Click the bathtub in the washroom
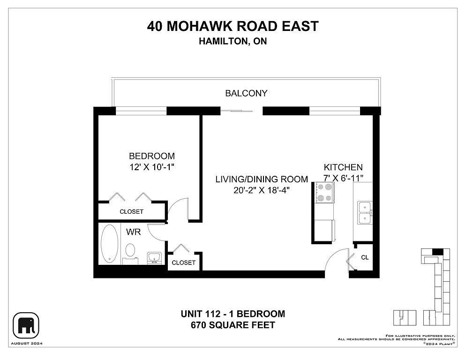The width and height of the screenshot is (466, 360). pyautogui.click(x=109, y=244)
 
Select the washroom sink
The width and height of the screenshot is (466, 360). pyautogui.click(x=154, y=258)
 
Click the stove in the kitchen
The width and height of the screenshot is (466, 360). pyautogui.click(x=324, y=193)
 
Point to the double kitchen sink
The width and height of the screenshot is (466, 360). pyautogui.click(x=364, y=213)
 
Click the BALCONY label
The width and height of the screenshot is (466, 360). pyautogui.click(x=246, y=93)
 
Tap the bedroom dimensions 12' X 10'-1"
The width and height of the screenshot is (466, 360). pyautogui.click(x=151, y=167)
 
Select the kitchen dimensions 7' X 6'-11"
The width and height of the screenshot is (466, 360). pyautogui.click(x=343, y=178)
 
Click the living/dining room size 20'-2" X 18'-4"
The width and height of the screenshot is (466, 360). pyautogui.click(x=262, y=190)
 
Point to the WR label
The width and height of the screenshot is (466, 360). pyautogui.click(x=133, y=232)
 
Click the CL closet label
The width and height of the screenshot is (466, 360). pyautogui.click(x=365, y=257)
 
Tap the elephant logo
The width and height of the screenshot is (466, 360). pyautogui.click(x=26, y=325)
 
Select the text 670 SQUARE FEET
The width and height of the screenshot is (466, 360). pyautogui.click(x=233, y=325)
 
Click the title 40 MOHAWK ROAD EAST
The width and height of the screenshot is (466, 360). pyautogui.click(x=233, y=26)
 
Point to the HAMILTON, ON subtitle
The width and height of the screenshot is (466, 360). pyautogui.click(x=233, y=41)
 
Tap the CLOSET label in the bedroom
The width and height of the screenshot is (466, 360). pyautogui.click(x=131, y=212)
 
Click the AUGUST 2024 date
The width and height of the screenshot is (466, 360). pyautogui.click(x=27, y=344)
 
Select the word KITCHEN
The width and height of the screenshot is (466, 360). pyautogui.click(x=343, y=167)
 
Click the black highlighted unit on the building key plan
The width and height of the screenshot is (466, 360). pyautogui.click(x=437, y=252)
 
